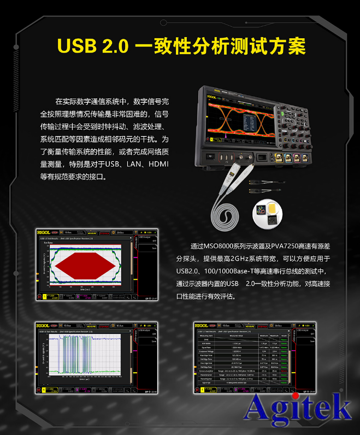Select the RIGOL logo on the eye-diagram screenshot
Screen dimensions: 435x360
[43, 233]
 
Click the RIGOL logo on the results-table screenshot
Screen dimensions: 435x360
[202, 326]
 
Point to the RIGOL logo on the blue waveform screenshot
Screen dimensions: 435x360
[43, 326]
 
